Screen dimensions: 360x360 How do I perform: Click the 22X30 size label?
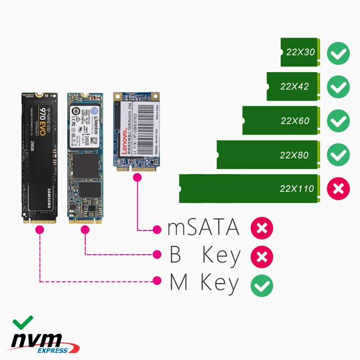[x=301, y=52]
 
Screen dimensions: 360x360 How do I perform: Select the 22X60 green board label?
[x=295, y=121]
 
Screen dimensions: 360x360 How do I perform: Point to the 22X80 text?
[x=294, y=155]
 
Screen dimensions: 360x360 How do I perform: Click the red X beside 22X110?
[x=338, y=189]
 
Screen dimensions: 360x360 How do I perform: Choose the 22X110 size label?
[x=297, y=189]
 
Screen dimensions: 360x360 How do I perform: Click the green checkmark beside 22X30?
[x=338, y=54]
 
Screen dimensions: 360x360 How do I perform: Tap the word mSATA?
[x=203, y=228]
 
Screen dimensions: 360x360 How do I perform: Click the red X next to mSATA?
[x=262, y=229]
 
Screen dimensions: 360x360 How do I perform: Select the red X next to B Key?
[x=262, y=256]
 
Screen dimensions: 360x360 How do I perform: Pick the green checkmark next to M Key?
[x=262, y=284]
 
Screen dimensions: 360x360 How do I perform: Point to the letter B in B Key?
[x=175, y=255]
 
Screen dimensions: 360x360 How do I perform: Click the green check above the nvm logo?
[x=22, y=322]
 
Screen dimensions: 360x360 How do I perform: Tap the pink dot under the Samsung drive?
[x=39, y=230]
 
